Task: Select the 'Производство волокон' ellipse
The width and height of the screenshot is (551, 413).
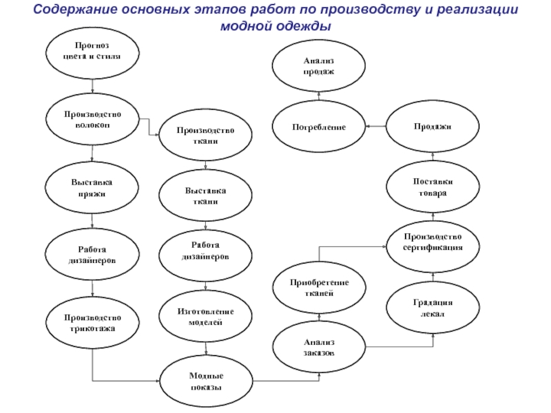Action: click(x=92, y=118)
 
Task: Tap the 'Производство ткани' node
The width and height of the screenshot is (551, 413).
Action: click(x=206, y=135)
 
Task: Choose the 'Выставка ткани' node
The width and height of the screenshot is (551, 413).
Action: click(x=206, y=196)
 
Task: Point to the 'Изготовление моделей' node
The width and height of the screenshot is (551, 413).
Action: click(x=206, y=316)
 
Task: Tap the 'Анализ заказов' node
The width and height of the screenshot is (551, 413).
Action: click(x=319, y=347)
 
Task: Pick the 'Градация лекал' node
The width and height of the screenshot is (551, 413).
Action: click(x=433, y=308)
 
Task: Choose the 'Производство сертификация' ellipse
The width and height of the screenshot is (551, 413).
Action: click(x=433, y=242)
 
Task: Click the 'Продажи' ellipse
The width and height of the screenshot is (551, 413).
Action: click(x=433, y=127)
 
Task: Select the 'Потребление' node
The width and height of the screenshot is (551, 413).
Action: click(x=319, y=127)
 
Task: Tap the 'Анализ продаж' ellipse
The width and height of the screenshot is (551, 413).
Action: click(x=319, y=66)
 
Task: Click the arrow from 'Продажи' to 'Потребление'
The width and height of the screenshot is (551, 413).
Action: click(x=375, y=127)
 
